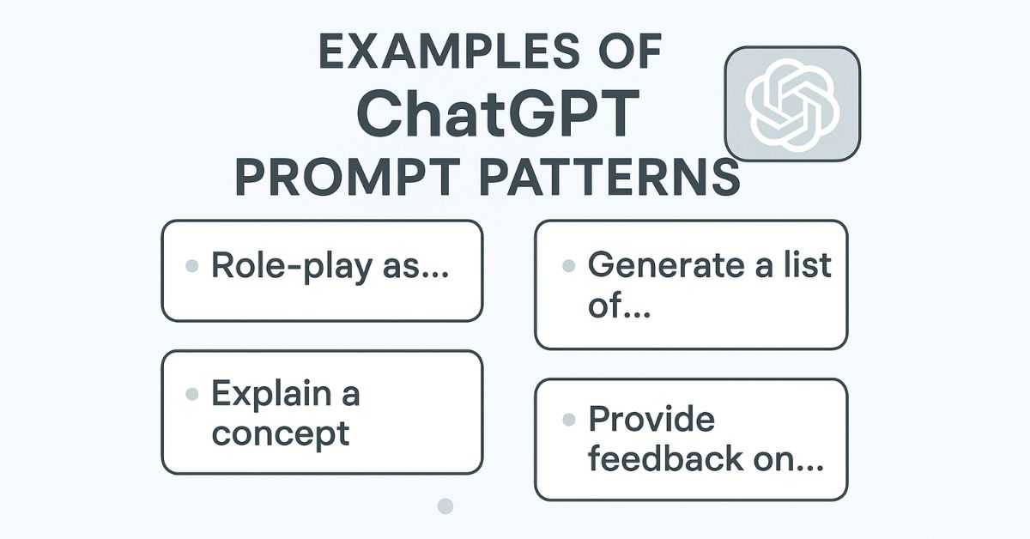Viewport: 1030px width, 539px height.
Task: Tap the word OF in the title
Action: coord(624,53)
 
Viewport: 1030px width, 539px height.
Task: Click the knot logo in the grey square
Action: coord(791,104)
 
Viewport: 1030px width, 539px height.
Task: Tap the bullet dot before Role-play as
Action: coord(192,267)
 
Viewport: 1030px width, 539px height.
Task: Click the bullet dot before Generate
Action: coord(567,267)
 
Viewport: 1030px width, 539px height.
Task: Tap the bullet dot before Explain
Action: coord(192,396)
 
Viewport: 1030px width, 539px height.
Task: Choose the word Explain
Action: coord(270,395)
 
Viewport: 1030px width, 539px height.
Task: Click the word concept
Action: coord(281,433)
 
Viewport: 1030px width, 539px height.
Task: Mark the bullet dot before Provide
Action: coord(567,421)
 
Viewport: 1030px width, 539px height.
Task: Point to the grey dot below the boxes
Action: coord(445,506)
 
